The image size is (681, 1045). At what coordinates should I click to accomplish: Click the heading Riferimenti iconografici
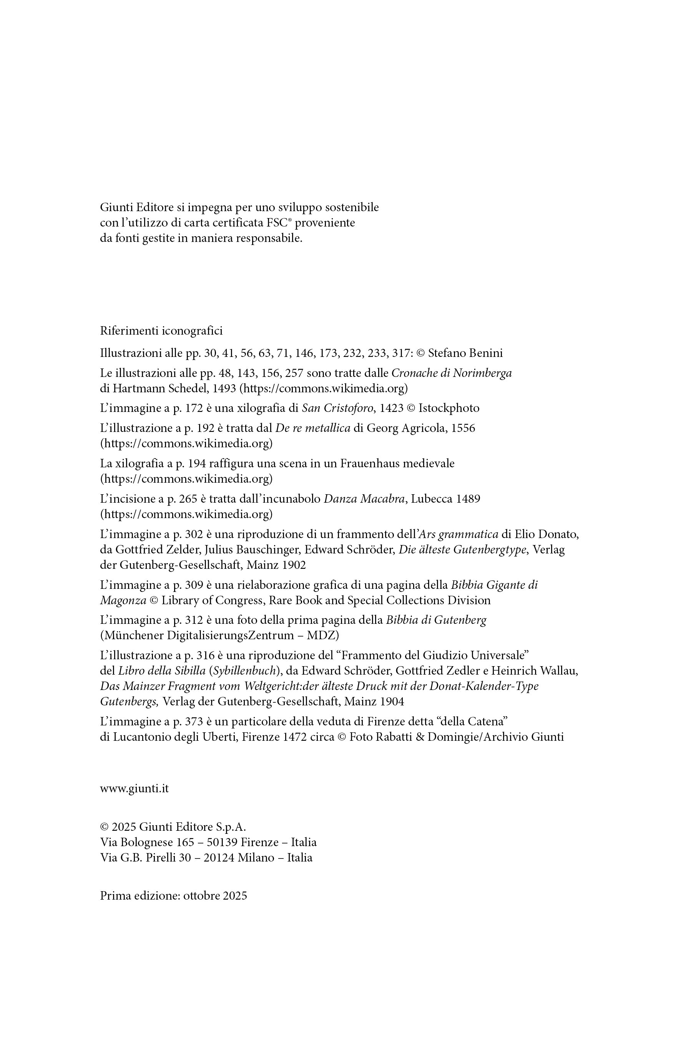coord(161,331)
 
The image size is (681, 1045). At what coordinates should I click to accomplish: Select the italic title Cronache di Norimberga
coord(451,373)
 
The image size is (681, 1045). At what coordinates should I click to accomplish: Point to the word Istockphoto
coord(448,408)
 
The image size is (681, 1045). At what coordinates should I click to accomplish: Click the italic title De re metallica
coord(312,428)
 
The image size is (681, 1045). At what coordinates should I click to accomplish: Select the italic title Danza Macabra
coord(364,499)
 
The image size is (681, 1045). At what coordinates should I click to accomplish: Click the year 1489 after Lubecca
coord(468,499)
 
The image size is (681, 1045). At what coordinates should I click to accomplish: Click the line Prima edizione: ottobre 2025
coord(173,896)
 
